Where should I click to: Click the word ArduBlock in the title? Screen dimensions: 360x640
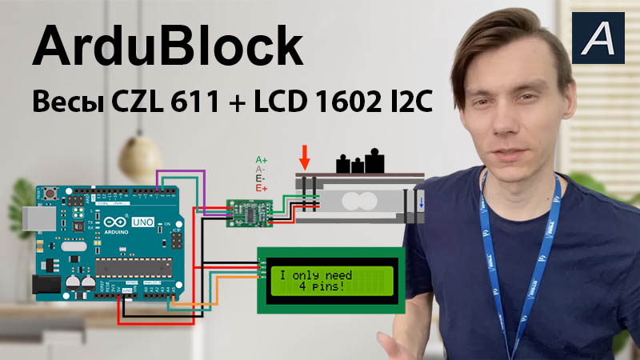tap(166, 48)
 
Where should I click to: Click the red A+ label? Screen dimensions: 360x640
tap(260, 160)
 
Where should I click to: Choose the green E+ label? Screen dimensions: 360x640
tap(260, 189)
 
